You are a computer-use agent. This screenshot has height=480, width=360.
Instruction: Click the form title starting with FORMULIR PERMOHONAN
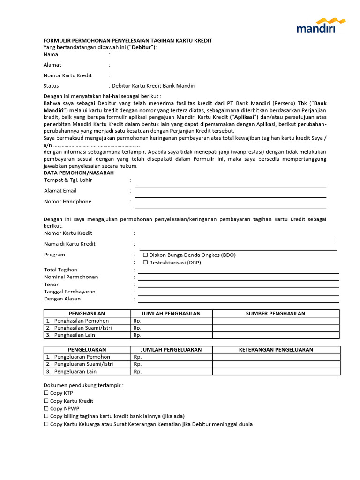coord(127,41)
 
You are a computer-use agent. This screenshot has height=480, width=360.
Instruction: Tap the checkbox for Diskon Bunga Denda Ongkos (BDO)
coord(145,255)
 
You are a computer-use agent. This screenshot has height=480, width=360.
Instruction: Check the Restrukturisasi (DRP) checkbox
coord(145,262)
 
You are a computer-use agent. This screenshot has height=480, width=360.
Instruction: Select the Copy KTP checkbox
coord(46,393)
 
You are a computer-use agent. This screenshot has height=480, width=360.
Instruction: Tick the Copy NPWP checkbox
coord(46,409)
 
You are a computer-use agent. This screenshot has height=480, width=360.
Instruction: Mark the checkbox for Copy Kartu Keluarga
coord(46,424)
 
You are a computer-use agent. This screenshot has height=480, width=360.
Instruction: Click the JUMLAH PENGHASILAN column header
coord(171,314)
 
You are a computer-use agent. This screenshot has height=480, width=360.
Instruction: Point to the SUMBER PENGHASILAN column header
coord(276,314)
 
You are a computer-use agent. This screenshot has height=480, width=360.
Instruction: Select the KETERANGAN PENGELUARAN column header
coord(276,350)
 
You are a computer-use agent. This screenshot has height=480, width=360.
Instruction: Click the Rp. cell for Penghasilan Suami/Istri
coord(171,328)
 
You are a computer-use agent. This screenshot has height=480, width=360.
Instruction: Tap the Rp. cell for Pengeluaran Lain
coord(171,372)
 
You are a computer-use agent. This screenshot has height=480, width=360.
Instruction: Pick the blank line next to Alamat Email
coord(231,194)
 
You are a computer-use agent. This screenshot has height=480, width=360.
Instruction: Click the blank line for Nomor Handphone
coord(231,205)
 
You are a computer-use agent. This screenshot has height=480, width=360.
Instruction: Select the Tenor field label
coord(51,285)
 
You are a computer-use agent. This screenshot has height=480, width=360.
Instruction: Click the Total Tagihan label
coord(60,270)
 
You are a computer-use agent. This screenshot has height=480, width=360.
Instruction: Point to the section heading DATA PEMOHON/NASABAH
coord(79,173)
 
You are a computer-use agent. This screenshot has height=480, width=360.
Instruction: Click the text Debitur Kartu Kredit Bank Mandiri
coord(153,86)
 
